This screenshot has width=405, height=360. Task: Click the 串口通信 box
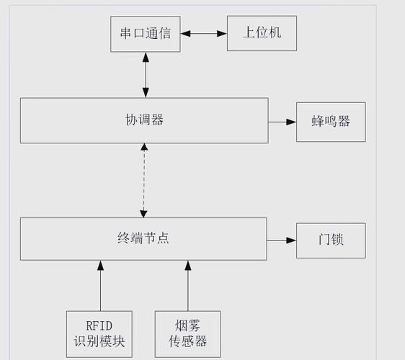(x=145, y=34)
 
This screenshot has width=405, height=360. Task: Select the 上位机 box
(x=262, y=34)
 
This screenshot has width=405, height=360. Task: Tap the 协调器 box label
(x=144, y=120)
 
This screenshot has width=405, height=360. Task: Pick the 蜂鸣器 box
(x=331, y=122)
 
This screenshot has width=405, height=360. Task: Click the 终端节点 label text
(x=143, y=238)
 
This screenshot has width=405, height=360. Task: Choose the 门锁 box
(x=331, y=240)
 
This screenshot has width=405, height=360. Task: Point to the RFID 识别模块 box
(x=99, y=333)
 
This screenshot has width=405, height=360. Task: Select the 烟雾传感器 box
(x=187, y=333)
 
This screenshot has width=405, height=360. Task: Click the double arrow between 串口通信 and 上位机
(x=204, y=33)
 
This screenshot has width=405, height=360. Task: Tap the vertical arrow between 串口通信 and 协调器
(x=146, y=75)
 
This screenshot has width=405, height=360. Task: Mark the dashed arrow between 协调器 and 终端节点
(x=144, y=180)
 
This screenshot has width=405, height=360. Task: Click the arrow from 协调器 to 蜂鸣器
(x=282, y=122)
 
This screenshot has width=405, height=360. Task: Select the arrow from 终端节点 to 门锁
(x=282, y=240)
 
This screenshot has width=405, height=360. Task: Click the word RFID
(x=99, y=325)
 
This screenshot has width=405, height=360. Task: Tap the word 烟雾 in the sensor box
(x=187, y=325)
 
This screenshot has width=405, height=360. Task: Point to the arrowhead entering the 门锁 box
(x=291, y=240)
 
